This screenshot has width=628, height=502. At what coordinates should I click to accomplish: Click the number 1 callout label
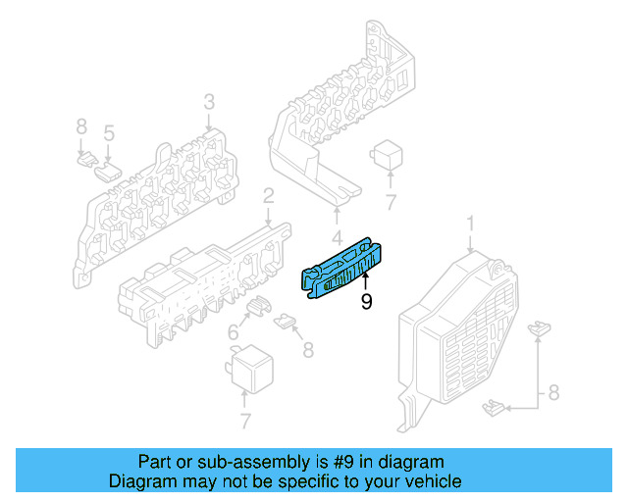469,225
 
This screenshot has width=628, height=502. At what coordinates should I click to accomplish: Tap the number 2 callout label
268,199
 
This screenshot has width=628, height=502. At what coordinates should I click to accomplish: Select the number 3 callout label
209,102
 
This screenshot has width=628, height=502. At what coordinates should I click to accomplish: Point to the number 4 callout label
337,236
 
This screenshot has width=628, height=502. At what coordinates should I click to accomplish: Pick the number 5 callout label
109,132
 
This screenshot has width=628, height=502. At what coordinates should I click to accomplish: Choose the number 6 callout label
234,334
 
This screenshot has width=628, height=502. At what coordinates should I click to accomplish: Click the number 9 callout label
366,302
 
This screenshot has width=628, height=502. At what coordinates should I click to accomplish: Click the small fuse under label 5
106,171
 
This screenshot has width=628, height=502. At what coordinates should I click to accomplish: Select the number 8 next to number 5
81,126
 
